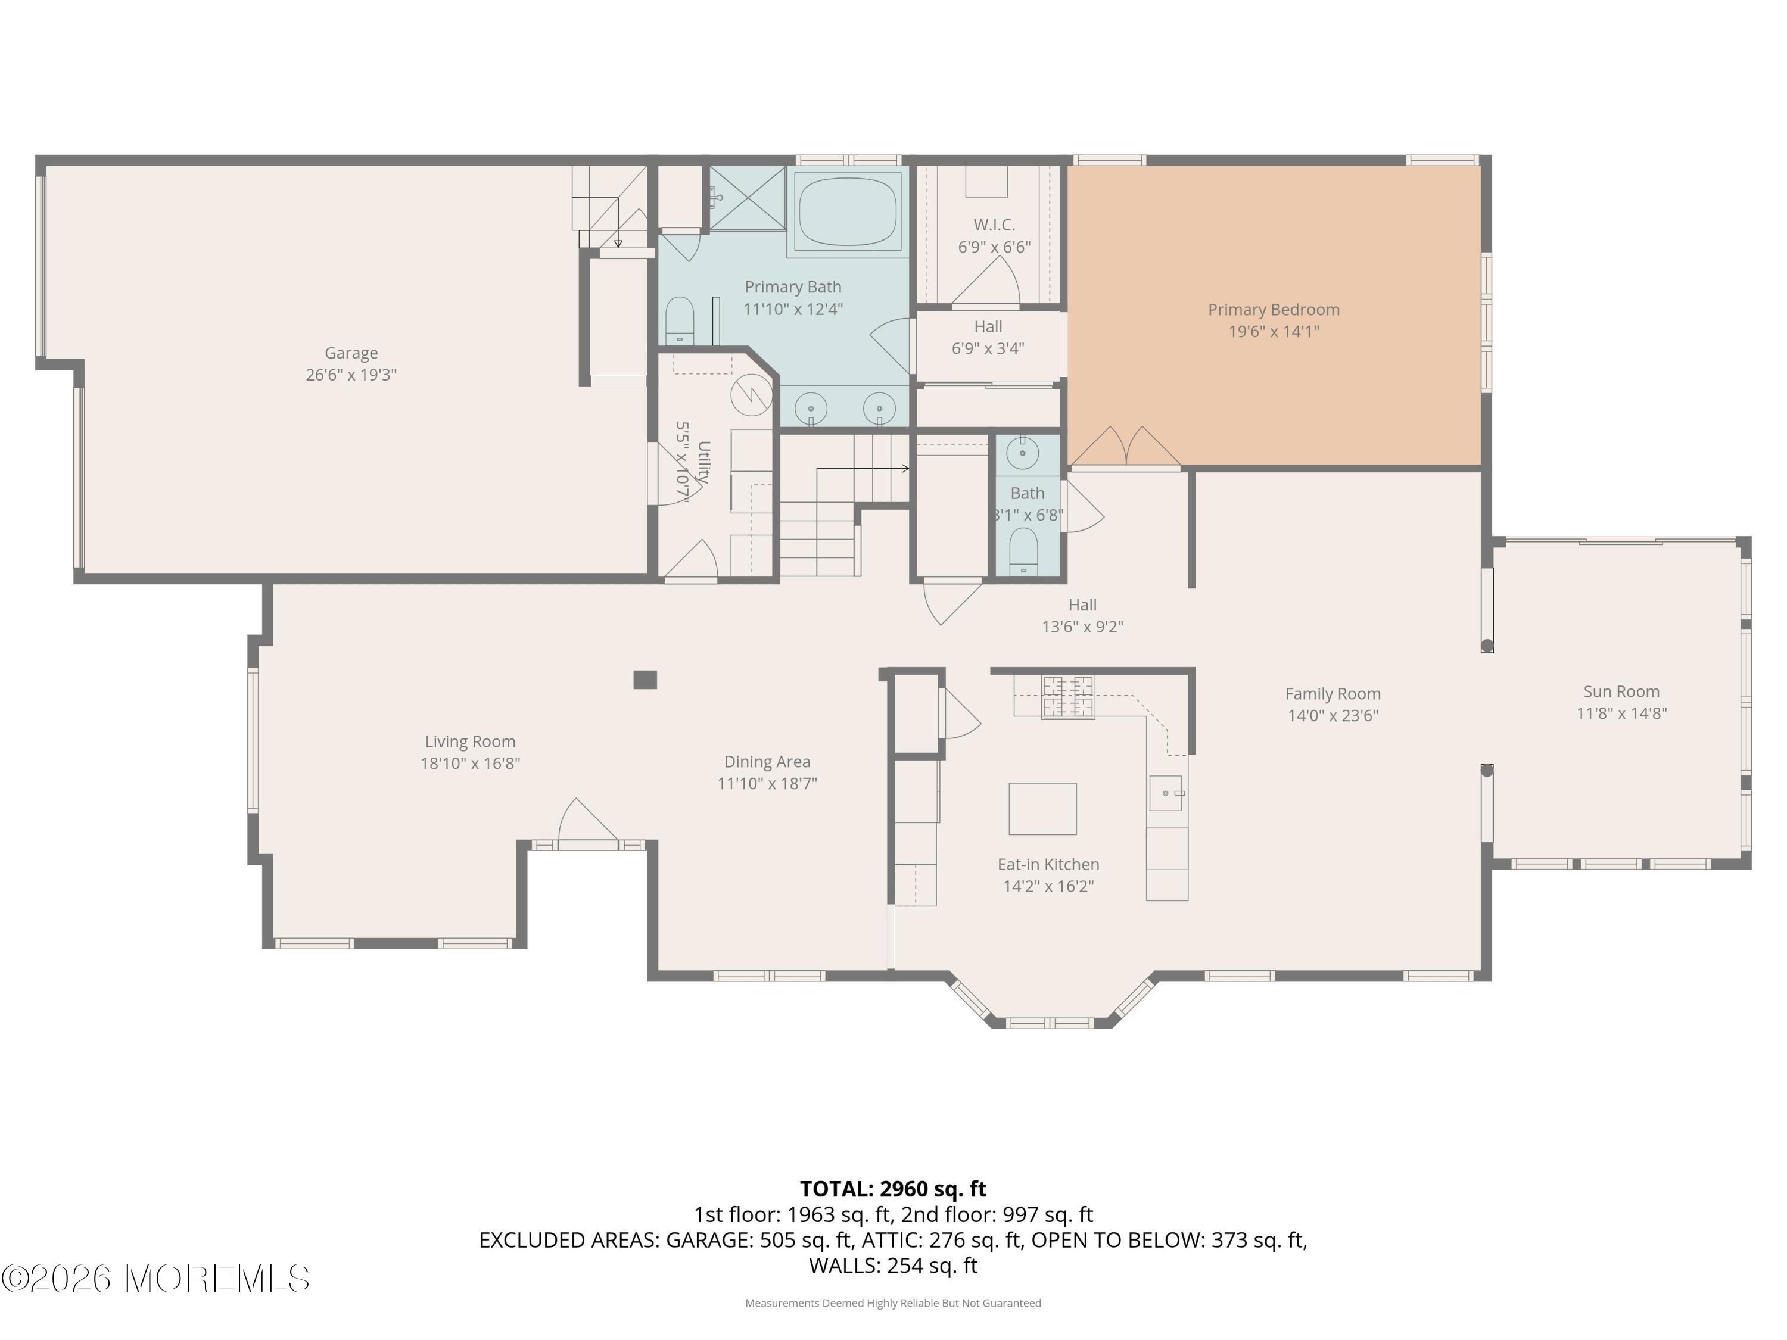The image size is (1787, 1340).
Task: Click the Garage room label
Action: click(x=351, y=353)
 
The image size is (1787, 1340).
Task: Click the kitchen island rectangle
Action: click(x=1042, y=809)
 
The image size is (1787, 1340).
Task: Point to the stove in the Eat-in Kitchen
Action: click(x=1068, y=697)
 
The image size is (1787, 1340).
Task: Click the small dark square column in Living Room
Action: click(x=645, y=680)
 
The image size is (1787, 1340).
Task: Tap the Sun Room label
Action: click(x=1621, y=691)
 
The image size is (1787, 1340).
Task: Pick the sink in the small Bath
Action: click(x=1023, y=452)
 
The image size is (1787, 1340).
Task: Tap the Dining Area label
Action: click(x=767, y=762)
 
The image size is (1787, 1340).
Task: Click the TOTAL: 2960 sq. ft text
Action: click(x=893, y=1189)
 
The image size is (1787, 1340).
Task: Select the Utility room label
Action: click(x=703, y=462)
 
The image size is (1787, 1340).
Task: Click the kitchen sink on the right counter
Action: click(x=1166, y=793)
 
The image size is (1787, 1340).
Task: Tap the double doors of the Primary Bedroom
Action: click(x=1125, y=447)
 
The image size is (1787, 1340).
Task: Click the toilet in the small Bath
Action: click(x=1023, y=550)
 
